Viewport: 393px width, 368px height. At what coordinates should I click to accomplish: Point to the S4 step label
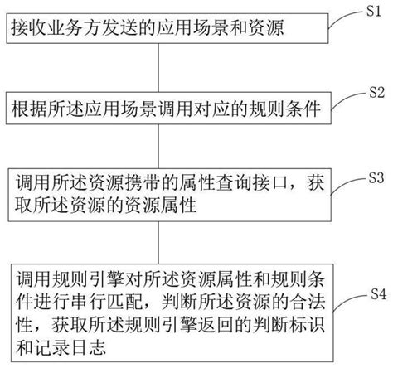coord(376,293)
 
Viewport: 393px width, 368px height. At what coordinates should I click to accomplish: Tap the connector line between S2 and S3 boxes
coord(158,146)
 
